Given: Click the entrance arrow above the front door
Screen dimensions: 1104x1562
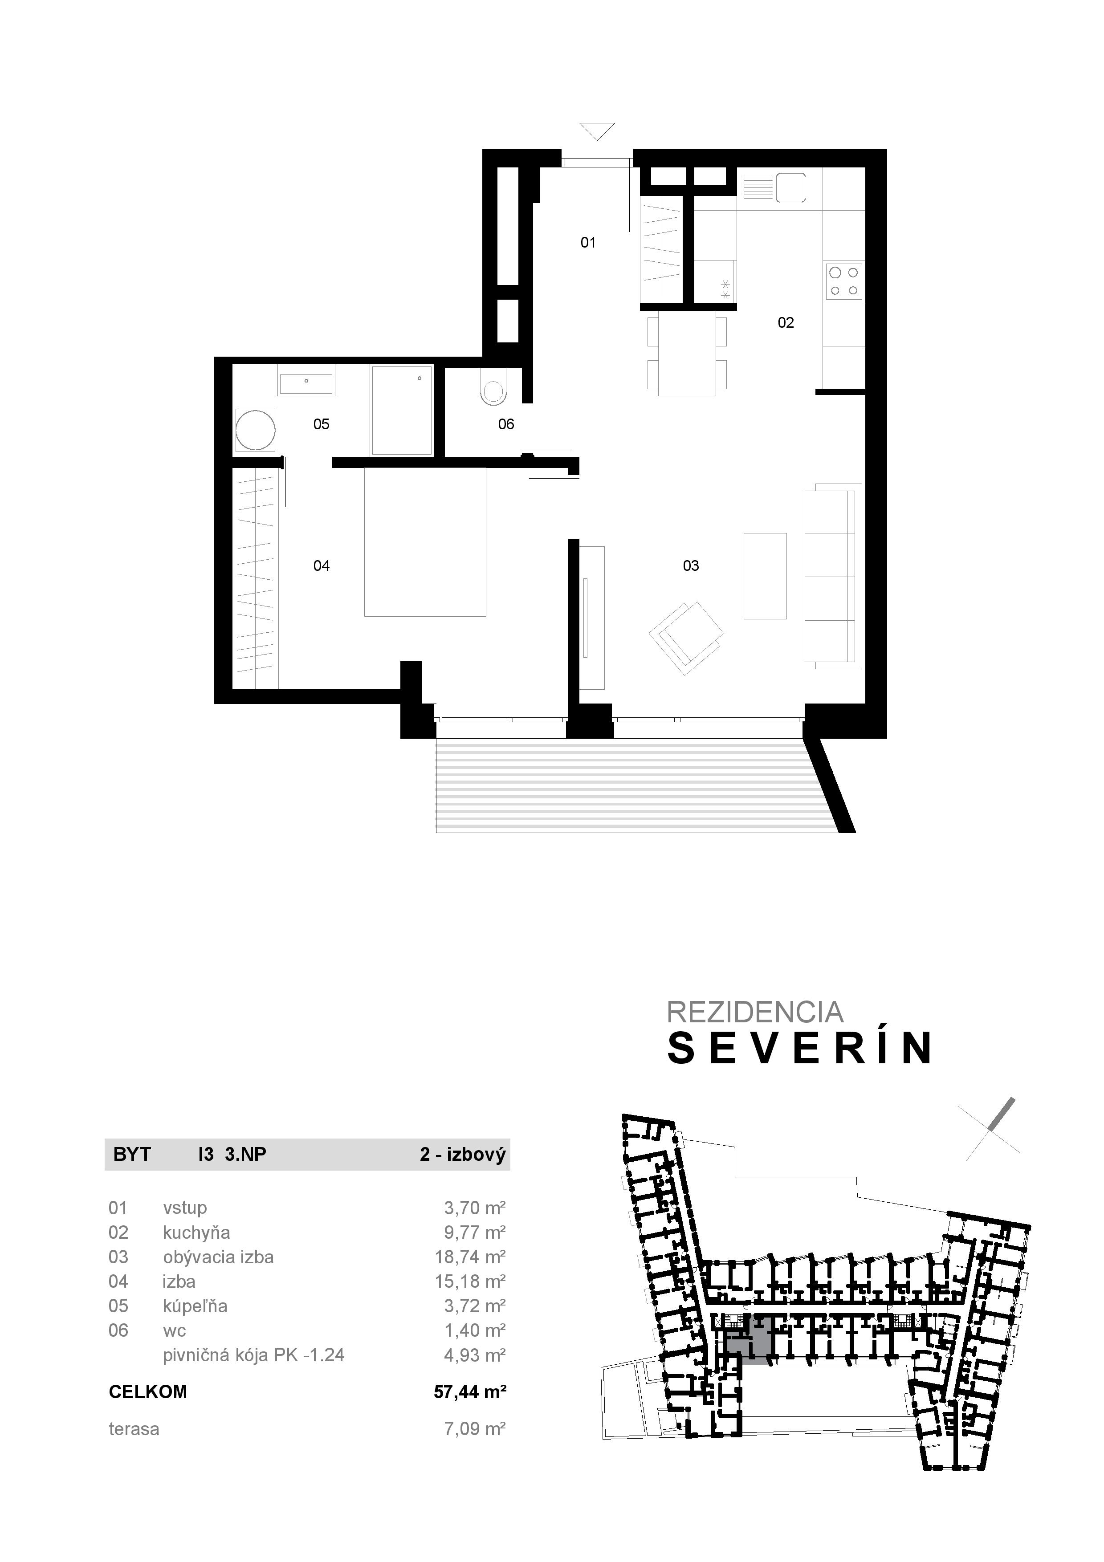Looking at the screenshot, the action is [597, 130].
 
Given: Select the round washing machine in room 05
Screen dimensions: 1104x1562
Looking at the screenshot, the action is [255, 431].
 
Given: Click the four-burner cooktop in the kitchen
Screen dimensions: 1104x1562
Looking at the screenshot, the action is [843, 281].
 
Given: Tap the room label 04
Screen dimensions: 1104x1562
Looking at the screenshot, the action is [321, 565].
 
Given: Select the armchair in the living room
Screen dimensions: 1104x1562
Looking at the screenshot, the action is [686, 637].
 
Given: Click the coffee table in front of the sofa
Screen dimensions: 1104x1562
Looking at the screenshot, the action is [765, 576].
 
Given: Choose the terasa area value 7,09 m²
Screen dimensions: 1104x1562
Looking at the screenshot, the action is [475, 1429].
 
